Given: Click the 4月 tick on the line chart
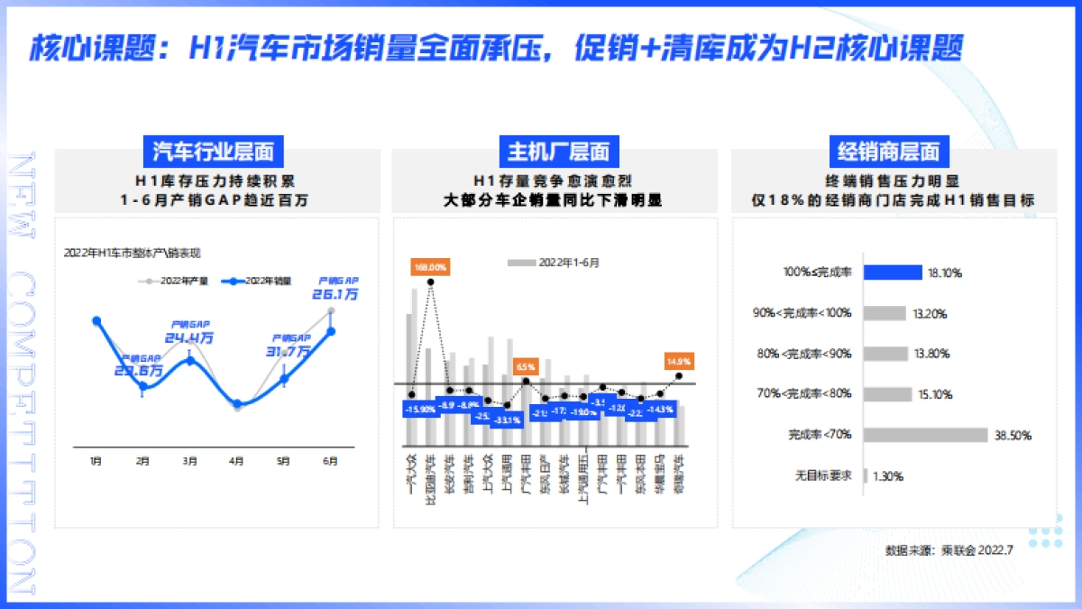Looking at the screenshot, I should tap(236, 461).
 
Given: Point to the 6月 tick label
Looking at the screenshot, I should tap(330, 461).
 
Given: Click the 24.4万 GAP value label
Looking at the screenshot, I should tap(189, 337).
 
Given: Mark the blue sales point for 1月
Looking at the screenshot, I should tap(96, 320).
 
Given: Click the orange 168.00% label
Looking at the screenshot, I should tap(430, 267).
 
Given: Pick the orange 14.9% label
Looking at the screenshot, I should tap(679, 361).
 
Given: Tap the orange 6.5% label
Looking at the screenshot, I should tap(526, 366).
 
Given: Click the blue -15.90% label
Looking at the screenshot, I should tap(421, 409).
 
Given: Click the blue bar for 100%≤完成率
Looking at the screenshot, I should tap(893, 272).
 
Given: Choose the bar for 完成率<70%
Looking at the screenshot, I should tap(925, 435).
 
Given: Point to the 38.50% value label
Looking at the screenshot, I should tap(1013, 435).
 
